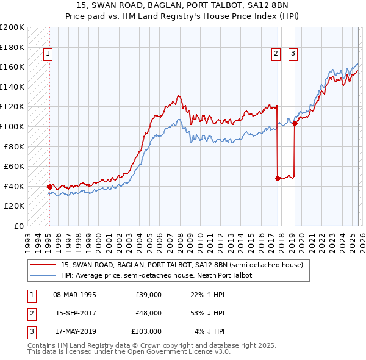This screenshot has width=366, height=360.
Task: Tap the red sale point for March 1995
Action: [49, 187]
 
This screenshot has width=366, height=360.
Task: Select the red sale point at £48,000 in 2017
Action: [278, 178]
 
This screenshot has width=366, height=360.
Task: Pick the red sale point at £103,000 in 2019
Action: [295, 123]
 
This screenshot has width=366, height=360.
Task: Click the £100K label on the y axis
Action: [12, 126]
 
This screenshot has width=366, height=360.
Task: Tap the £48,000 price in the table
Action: [148, 313]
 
